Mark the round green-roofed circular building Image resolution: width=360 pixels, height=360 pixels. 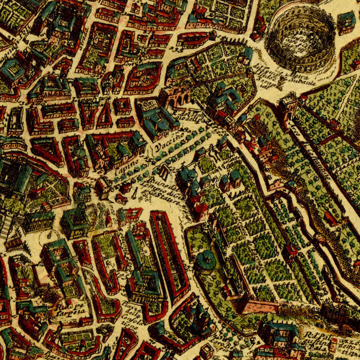tap(206, 262)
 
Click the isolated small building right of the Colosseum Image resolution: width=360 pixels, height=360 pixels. tap(346, 22)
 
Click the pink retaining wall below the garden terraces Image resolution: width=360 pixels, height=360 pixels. tap(264, 307)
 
